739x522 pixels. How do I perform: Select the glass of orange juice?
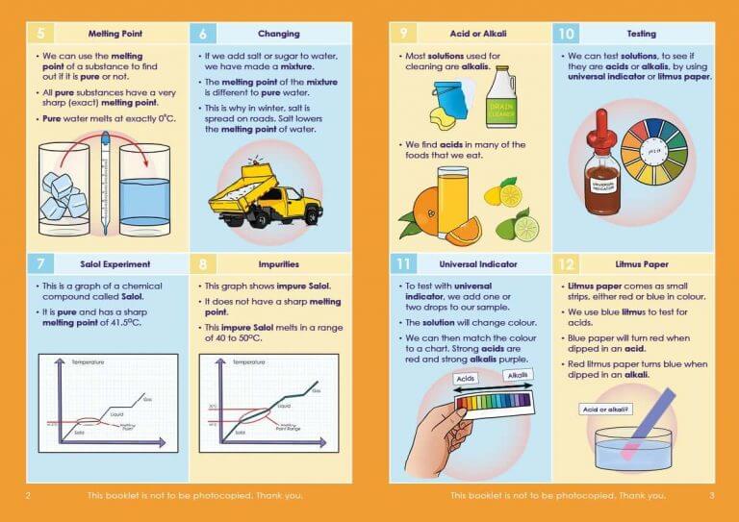pos(454,197)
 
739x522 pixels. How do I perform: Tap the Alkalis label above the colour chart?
pos(515,375)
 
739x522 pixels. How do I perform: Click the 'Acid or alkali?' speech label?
pos(607,410)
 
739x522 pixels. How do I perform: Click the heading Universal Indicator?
pos(471,264)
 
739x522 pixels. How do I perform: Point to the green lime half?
pos(525,228)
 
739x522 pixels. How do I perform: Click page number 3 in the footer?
pos(711,496)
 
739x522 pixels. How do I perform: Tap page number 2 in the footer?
pos(29,496)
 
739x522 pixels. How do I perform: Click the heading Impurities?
pos(279,263)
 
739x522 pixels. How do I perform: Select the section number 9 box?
pos(404,34)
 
